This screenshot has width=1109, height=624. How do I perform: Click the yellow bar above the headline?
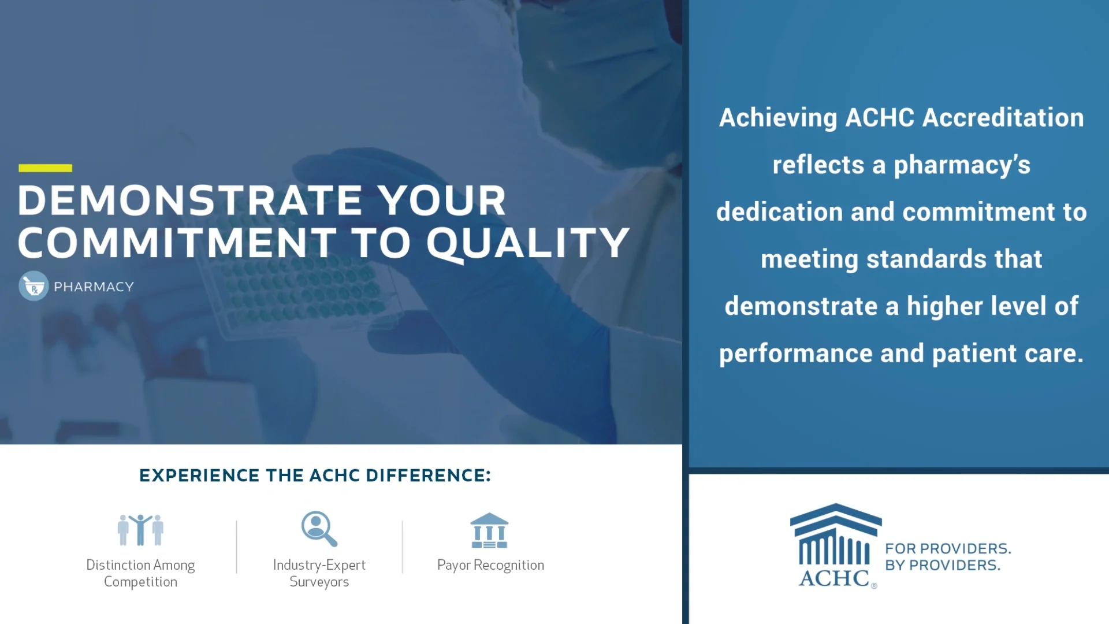pos(45,168)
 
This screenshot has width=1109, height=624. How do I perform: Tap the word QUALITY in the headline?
pos(527,243)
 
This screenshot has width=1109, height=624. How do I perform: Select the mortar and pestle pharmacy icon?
pos(34,286)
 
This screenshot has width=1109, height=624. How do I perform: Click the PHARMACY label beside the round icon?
pos(94,287)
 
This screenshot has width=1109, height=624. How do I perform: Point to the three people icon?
pos(140,530)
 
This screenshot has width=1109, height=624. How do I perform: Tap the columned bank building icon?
pos(489,530)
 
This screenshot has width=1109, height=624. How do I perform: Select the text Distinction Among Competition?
pos(140,573)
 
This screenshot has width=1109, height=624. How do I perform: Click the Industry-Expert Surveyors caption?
pos(319,573)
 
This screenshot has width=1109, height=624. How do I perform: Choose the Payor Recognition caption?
pos(490,565)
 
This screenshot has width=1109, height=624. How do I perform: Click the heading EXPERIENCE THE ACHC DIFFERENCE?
pos(315,476)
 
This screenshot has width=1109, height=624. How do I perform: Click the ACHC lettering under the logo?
pos(834,578)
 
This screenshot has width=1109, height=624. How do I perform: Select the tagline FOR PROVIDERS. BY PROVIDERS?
pos(948,557)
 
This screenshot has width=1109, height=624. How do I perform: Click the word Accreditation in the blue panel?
pos(1003,118)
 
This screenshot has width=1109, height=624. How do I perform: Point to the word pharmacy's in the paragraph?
pos(962,165)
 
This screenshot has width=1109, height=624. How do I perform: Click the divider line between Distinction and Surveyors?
pos(236,547)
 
